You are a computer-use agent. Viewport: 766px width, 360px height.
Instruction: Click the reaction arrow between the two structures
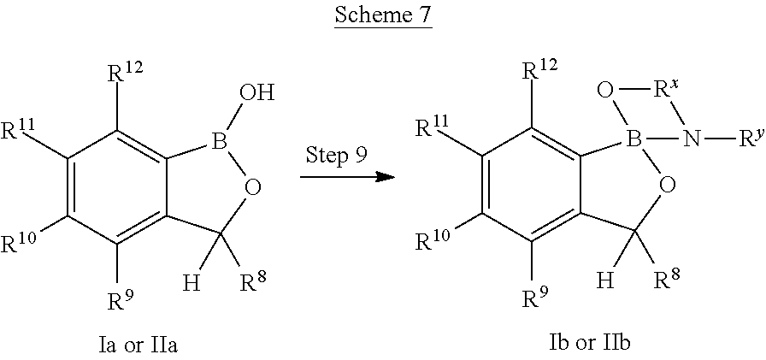tap(346, 177)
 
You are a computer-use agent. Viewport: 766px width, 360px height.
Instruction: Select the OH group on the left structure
tap(257, 92)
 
